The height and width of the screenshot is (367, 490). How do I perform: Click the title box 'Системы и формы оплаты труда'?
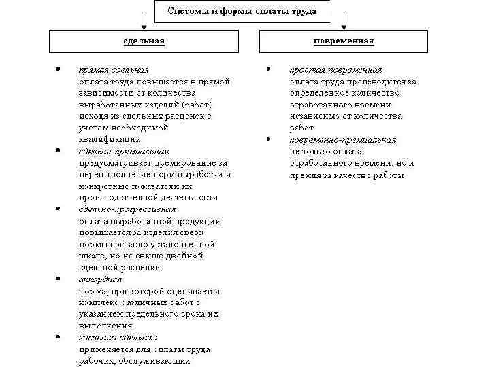pos(242,12)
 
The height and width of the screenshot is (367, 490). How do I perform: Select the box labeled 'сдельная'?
pos(144,42)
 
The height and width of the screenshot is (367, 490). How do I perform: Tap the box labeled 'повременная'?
pos(343,42)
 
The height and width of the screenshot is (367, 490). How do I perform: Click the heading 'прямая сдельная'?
pos(114,70)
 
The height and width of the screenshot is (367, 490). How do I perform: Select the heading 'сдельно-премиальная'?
pos(123,151)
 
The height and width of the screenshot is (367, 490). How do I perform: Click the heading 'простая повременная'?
pos(336,70)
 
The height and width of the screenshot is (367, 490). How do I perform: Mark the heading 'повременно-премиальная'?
pos(343,139)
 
